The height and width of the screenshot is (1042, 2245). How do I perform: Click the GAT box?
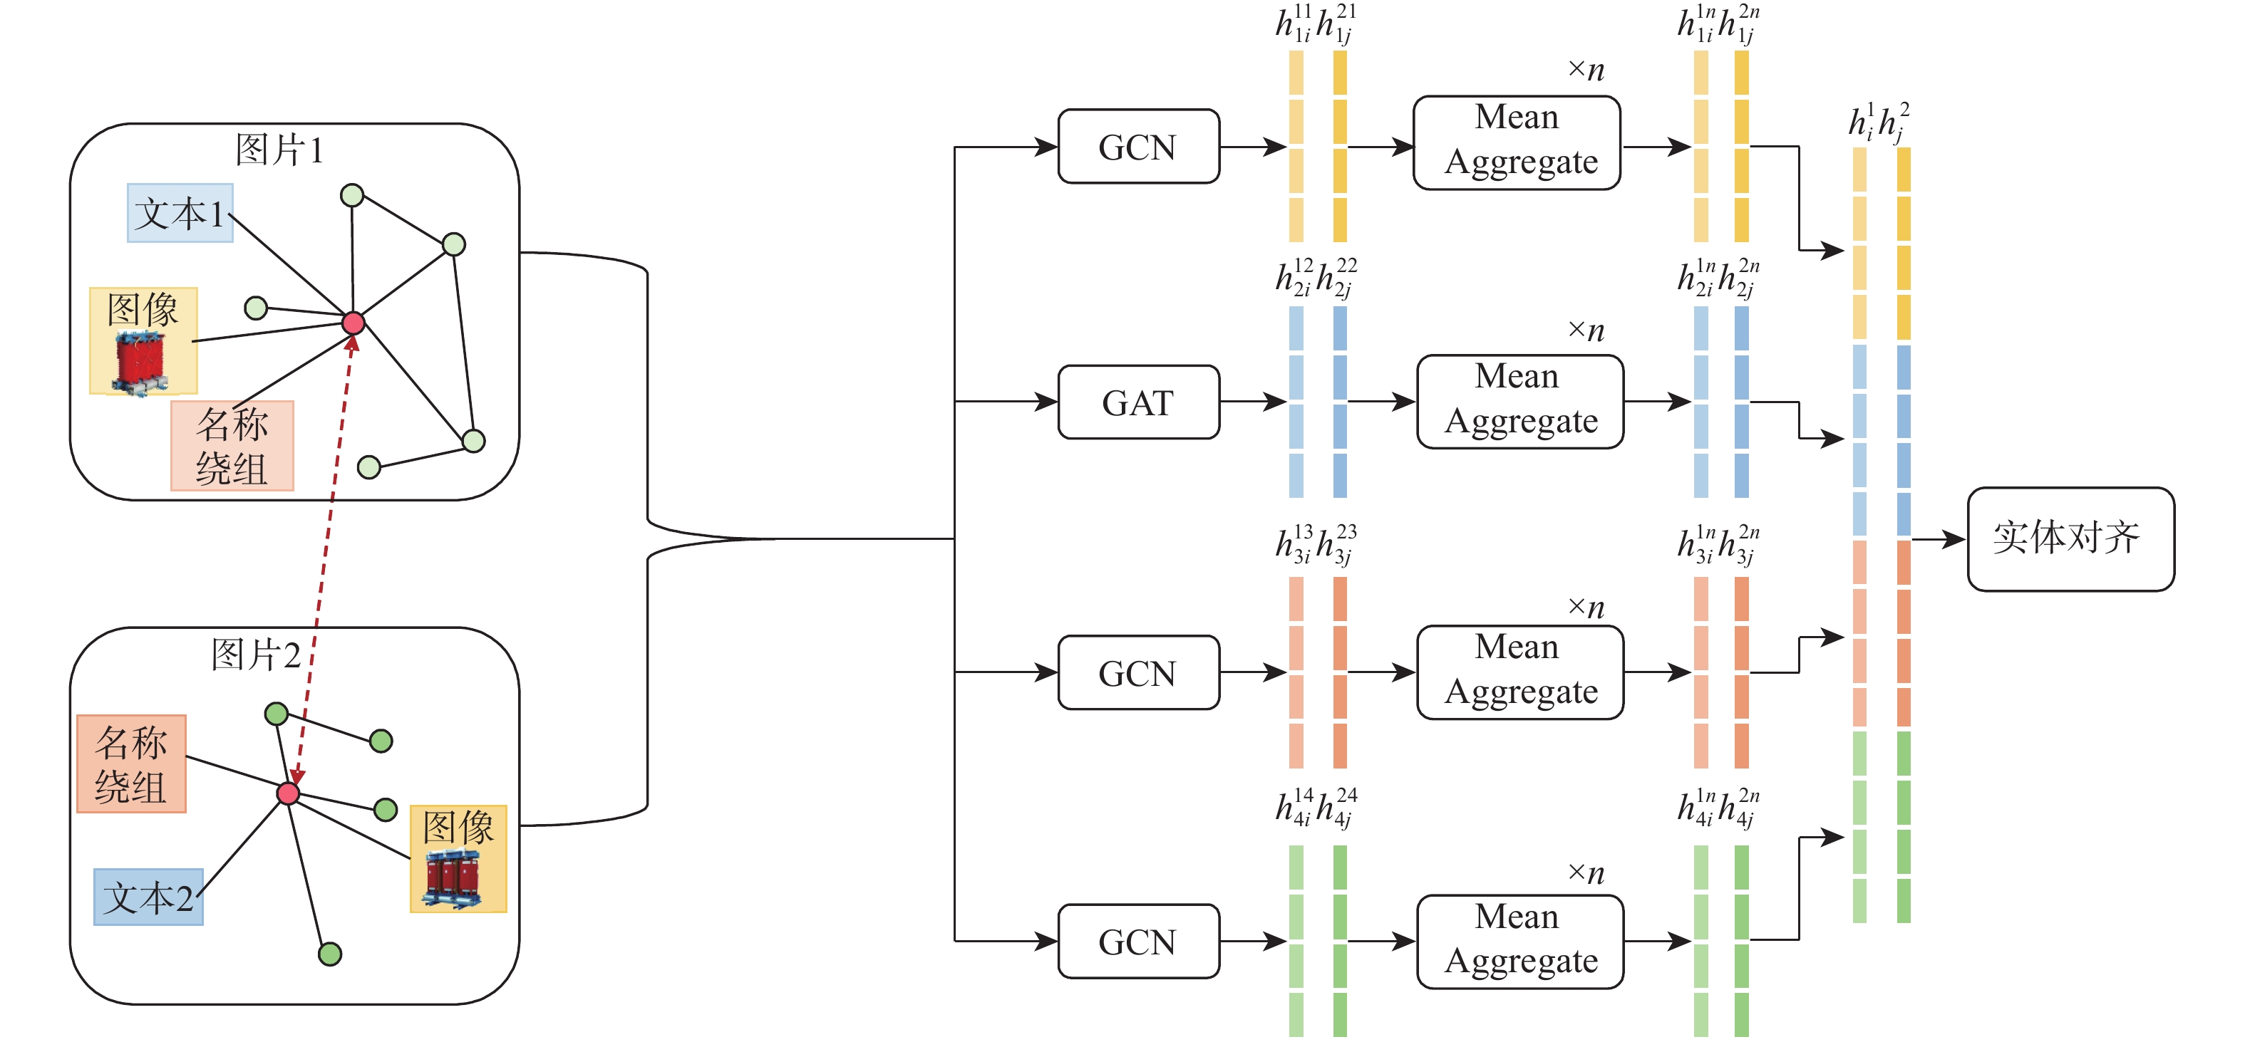[x=1138, y=402]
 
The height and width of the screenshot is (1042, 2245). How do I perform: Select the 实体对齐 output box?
[x=2070, y=538]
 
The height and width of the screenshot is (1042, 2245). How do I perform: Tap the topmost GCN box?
[x=1138, y=147]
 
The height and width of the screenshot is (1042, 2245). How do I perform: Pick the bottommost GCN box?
[x=1138, y=941]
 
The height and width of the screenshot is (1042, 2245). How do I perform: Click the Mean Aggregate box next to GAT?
[x=1520, y=401]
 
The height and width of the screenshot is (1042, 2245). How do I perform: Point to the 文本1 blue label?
[x=180, y=212]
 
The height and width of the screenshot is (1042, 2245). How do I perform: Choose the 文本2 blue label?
[x=148, y=897]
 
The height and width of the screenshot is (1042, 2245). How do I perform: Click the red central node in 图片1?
[x=353, y=323]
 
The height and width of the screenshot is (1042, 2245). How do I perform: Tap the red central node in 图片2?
[x=289, y=793]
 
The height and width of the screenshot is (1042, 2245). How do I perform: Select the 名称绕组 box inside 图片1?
[x=232, y=446]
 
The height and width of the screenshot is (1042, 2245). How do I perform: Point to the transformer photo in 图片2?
[x=453, y=878]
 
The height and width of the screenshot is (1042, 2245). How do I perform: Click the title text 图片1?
[x=279, y=150]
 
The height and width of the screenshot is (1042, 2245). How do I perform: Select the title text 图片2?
[x=255, y=655]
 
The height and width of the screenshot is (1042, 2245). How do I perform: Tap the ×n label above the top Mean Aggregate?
[x=1586, y=70]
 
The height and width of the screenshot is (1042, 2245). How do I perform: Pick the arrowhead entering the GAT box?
[x=1046, y=402]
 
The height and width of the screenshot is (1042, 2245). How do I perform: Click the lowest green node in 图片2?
[x=329, y=954]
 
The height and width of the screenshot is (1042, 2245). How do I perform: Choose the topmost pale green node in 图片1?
[x=352, y=195]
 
